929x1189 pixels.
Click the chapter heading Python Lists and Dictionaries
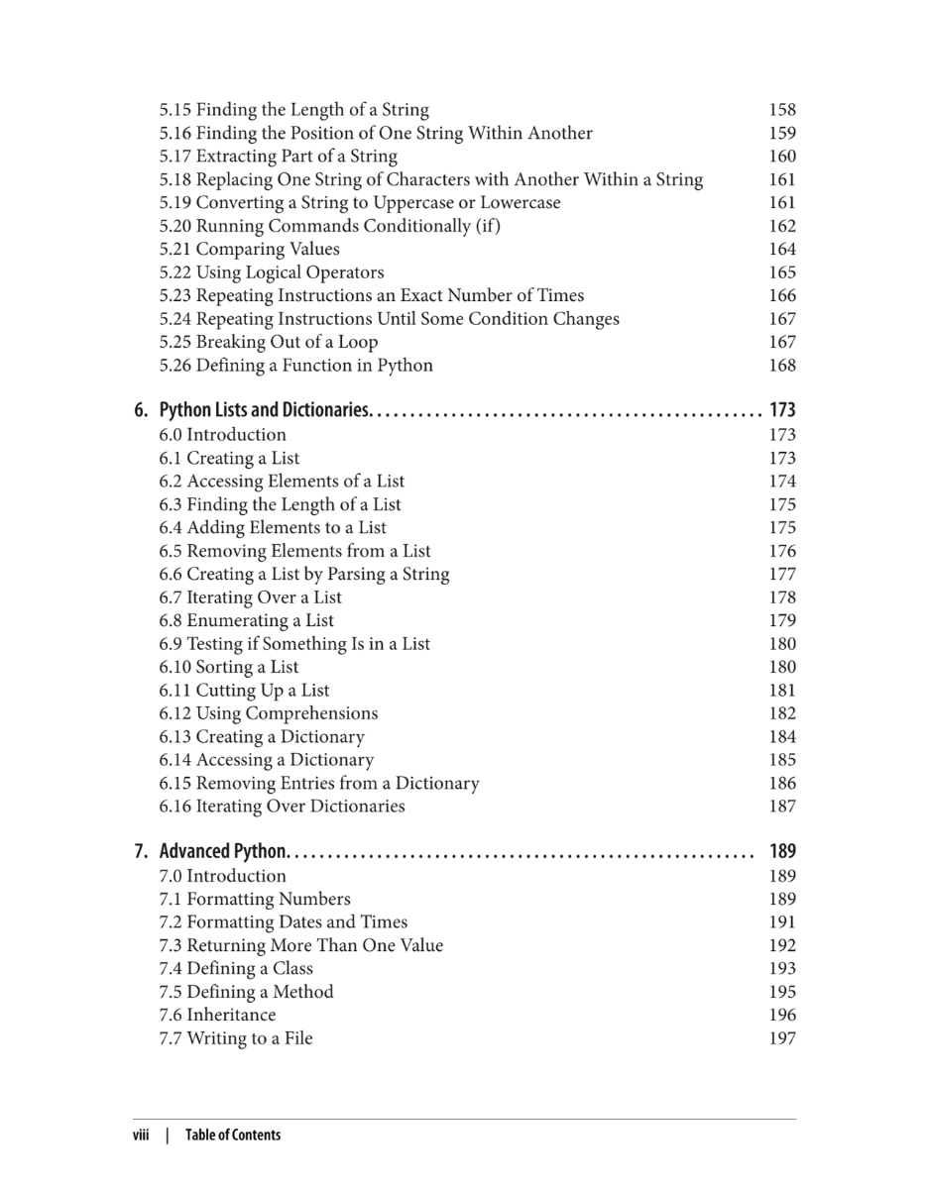(x=265, y=410)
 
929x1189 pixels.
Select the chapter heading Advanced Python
(x=223, y=851)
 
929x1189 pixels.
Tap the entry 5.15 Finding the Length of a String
(x=294, y=110)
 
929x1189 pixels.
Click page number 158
(x=782, y=110)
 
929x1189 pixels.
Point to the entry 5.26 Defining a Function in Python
(x=296, y=366)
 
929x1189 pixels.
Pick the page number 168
(x=782, y=366)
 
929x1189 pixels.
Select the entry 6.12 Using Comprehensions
(x=269, y=713)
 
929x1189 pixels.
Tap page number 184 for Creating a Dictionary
(x=782, y=737)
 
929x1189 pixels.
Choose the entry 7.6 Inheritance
(x=218, y=1015)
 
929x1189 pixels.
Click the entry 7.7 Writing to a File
(x=236, y=1038)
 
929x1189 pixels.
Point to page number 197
(x=782, y=1038)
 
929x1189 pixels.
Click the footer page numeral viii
(x=141, y=1135)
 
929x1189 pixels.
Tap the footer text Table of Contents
(x=233, y=1135)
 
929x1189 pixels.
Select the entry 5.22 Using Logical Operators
(x=272, y=272)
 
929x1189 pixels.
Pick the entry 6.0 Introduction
(x=223, y=435)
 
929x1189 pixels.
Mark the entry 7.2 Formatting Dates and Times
(x=284, y=922)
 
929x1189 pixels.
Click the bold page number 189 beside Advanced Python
(x=782, y=851)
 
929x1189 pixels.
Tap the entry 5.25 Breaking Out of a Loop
(x=269, y=342)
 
